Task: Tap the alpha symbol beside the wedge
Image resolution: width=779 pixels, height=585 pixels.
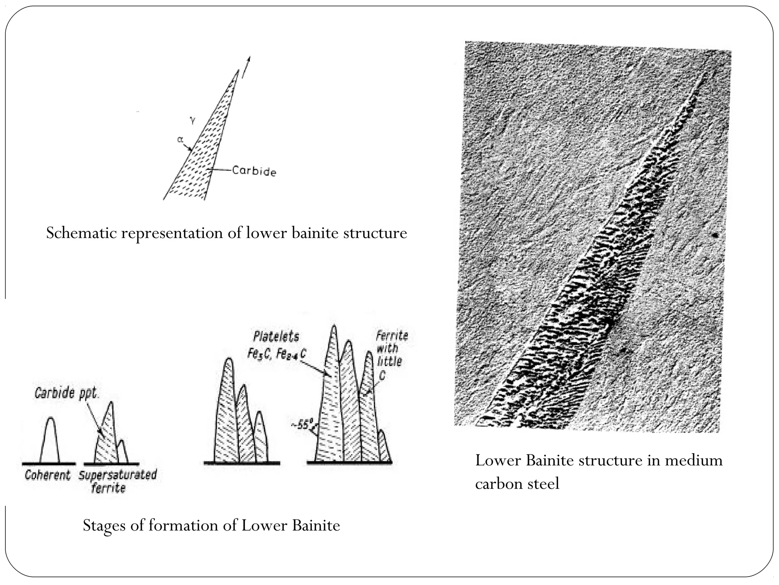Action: pos(180,140)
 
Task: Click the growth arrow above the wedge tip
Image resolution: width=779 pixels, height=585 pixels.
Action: pos(246,67)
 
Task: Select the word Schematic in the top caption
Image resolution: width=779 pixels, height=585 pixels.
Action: pos(81,233)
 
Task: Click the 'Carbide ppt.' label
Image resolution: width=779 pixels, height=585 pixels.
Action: pos(67,393)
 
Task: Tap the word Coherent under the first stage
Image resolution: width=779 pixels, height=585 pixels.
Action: pos(48,475)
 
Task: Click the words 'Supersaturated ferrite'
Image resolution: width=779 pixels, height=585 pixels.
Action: pos(118,481)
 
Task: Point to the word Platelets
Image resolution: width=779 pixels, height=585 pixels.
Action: pos(276,337)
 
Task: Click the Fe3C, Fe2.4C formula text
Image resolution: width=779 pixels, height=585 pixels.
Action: pos(277,354)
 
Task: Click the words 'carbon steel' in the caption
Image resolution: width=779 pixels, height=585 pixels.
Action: pos(517,484)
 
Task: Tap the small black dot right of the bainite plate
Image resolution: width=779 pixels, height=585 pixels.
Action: pos(715,236)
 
